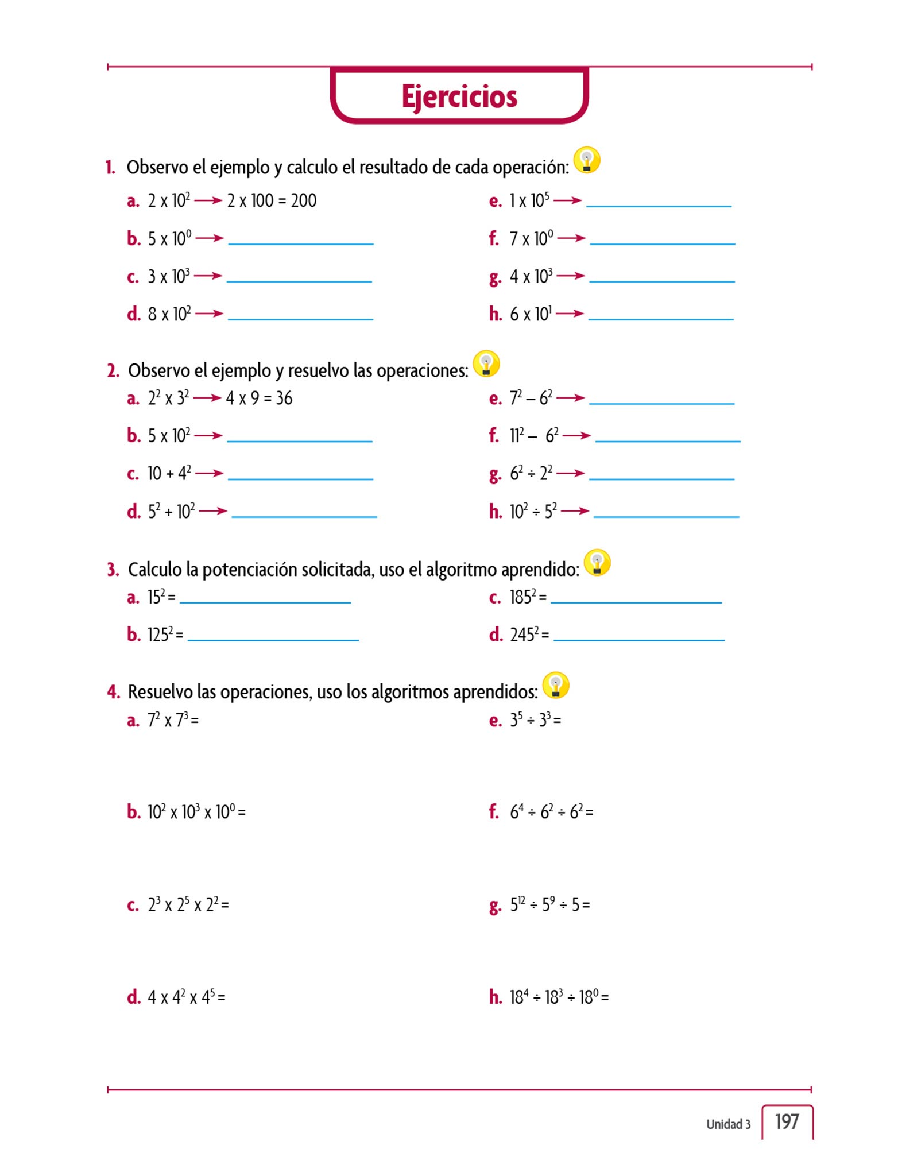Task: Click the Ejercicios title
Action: coord(459,96)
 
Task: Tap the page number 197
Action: coord(787,1121)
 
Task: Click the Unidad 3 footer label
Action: coord(728,1124)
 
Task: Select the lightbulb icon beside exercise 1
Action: coord(587,160)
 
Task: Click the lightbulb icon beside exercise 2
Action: coord(486,364)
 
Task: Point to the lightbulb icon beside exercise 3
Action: coord(597,563)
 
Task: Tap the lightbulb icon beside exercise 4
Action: coord(555,685)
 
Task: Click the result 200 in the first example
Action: coord(304,201)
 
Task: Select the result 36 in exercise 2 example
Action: coord(284,399)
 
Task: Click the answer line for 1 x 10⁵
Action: coord(659,205)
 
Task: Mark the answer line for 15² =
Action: coord(265,602)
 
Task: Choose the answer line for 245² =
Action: coord(638,639)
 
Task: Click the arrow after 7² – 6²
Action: coord(570,398)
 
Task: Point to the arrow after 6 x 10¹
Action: coord(570,314)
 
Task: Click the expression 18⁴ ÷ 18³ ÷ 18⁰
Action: coord(559,997)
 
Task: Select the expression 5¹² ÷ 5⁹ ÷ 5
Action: coord(549,905)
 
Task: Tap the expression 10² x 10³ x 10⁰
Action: coord(196,812)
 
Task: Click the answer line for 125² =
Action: coord(273,639)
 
